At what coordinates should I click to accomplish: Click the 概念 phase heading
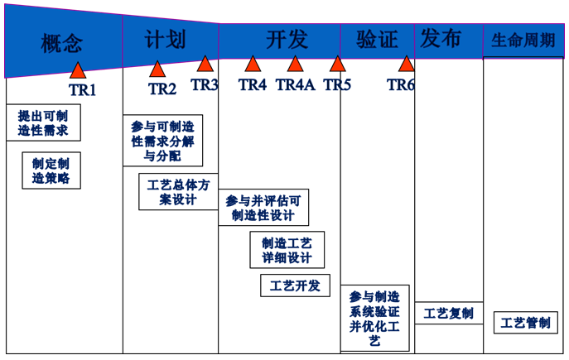(x=61, y=44)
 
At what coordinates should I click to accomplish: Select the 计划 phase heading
(x=165, y=39)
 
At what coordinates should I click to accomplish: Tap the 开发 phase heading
(x=287, y=39)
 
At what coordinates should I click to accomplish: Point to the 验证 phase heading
(x=377, y=39)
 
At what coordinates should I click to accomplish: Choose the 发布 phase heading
(x=441, y=38)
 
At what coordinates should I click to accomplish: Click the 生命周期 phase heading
(x=523, y=40)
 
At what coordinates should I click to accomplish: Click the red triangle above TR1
(x=78, y=70)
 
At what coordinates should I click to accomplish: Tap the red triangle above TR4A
(x=295, y=64)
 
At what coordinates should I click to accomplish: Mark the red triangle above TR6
(x=406, y=64)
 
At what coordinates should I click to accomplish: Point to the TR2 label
(x=162, y=89)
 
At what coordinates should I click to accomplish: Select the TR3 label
(x=205, y=85)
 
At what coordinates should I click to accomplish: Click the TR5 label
(x=337, y=85)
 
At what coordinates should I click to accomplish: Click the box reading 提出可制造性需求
(x=43, y=122)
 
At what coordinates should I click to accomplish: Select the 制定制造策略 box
(x=51, y=170)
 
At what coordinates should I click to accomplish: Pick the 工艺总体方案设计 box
(x=178, y=192)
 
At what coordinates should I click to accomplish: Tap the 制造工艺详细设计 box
(x=287, y=250)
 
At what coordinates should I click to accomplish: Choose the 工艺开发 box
(x=295, y=286)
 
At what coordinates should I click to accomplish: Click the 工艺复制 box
(x=449, y=313)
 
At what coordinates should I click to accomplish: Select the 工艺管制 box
(x=525, y=322)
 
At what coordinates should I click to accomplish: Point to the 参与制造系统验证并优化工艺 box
(x=375, y=319)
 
